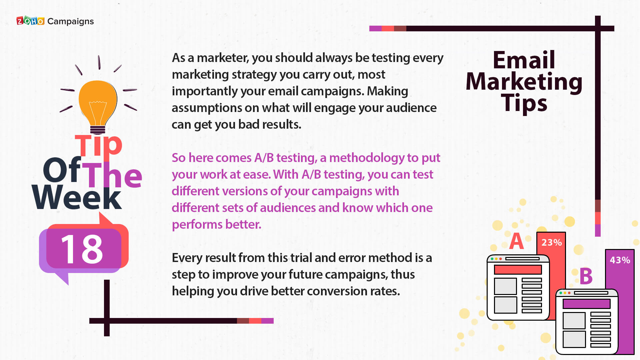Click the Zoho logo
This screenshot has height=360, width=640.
30,21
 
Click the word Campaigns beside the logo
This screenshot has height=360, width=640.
71,22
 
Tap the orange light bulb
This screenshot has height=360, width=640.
98,103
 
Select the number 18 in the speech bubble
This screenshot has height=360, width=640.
82,249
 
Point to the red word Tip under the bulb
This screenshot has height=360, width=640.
99,145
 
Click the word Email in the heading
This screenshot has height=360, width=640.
524,60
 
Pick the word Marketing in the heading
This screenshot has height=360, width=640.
524,82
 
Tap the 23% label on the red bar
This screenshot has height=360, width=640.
552,242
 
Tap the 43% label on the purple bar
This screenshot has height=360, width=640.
620,260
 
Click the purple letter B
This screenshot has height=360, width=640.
586,276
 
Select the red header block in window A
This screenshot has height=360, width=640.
518,270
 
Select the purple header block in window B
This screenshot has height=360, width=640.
586,304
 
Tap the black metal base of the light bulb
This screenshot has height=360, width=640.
98,130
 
